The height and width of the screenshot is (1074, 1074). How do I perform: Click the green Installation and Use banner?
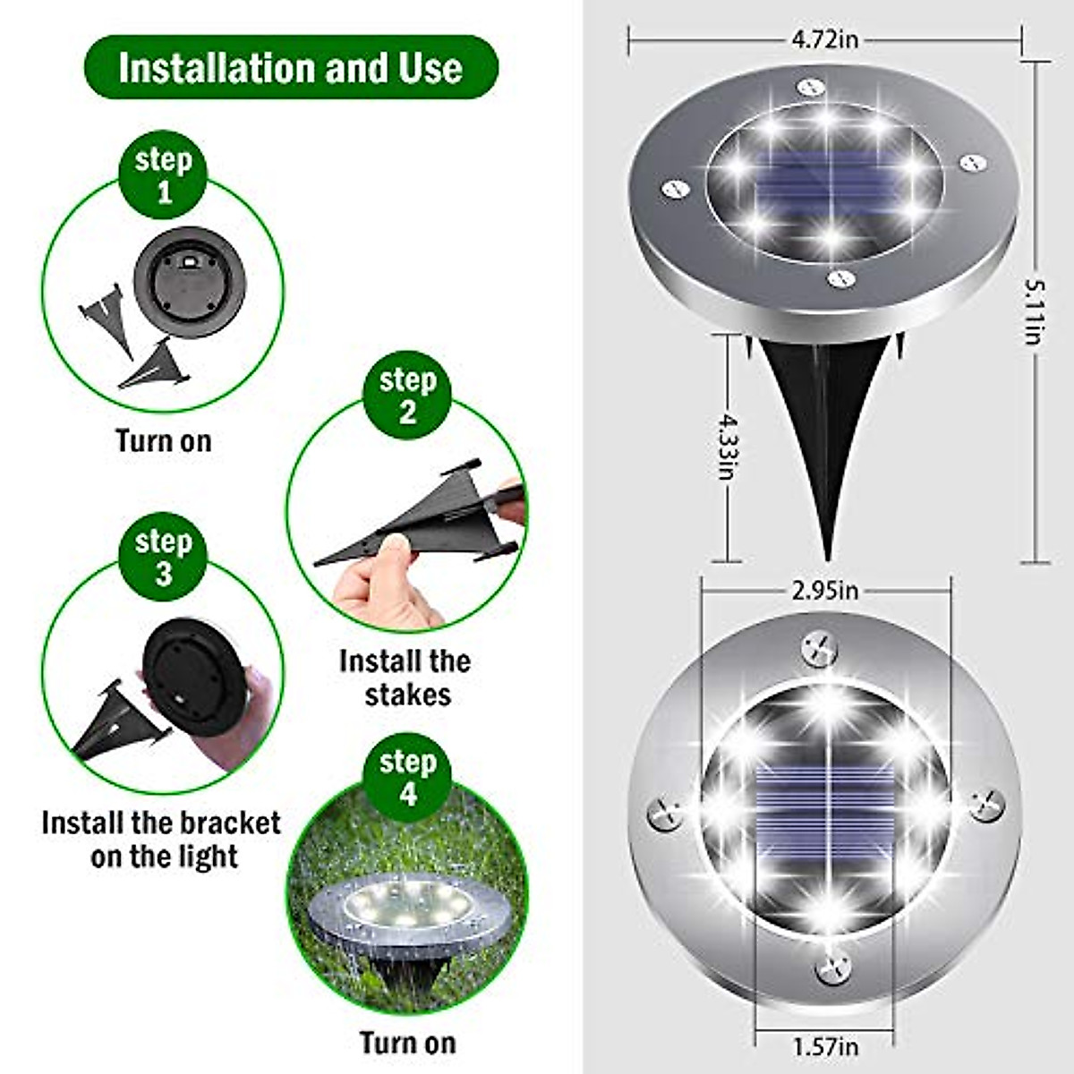click(x=291, y=68)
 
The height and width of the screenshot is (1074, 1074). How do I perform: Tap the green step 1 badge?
click(x=163, y=175)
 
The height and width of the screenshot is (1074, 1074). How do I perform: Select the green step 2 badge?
click(x=407, y=395)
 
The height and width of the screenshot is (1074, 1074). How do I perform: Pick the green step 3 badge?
click(x=163, y=557)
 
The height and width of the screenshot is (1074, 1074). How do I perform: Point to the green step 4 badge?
click(x=408, y=777)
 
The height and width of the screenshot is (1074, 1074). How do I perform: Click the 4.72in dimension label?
click(x=824, y=39)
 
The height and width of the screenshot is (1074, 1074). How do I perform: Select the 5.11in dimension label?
click(x=1036, y=311)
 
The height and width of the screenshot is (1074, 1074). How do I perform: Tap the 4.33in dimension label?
click(x=725, y=445)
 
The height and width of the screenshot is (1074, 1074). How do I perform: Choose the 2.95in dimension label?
click(x=824, y=591)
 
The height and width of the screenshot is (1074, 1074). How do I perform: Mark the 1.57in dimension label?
click(x=824, y=1045)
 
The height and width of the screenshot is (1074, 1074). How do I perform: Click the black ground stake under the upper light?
click(x=823, y=421)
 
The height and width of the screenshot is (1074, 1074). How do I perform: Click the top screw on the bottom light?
click(x=819, y=646)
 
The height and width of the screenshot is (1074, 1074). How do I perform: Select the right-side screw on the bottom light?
click(x=986, y=804)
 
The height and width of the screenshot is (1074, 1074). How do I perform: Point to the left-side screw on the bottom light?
click(x=665, y=814)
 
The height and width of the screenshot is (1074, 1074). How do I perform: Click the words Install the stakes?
click(x=405, y=678)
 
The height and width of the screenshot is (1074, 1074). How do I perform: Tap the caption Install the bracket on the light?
click(x=162, y=840)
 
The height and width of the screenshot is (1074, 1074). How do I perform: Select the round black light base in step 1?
click(x=189, y=281)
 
